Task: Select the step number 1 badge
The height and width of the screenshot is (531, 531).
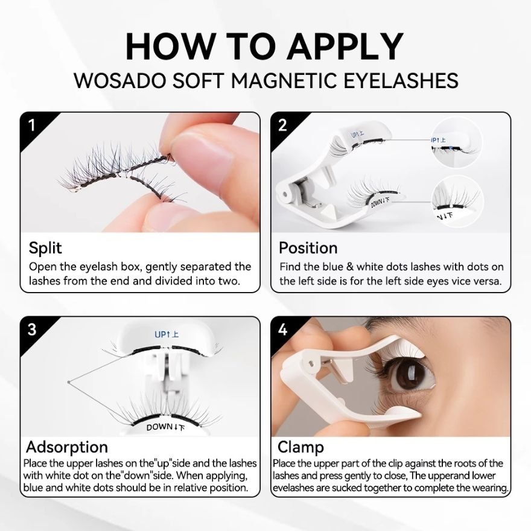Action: [31, 125]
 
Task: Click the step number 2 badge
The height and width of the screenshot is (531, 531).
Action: [282, 125]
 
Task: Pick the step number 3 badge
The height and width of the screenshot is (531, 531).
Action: [31, 329]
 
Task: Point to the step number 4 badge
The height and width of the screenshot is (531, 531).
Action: [282, 329]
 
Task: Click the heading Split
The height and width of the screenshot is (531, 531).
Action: [45, 248]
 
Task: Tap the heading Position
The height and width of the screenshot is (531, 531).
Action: [308, 248]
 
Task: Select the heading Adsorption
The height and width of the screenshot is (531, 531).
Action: [67, 447]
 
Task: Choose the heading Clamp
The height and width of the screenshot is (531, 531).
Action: [300, 447]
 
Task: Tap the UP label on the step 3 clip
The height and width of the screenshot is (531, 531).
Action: [167, 334]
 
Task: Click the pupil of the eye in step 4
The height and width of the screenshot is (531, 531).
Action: [413, 377]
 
